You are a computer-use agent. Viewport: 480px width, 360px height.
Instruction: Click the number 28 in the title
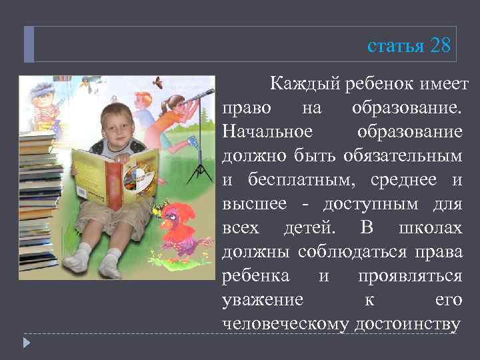441,46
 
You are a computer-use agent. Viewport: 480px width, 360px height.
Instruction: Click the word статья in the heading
396,47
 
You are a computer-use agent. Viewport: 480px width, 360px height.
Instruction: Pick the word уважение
262,299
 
